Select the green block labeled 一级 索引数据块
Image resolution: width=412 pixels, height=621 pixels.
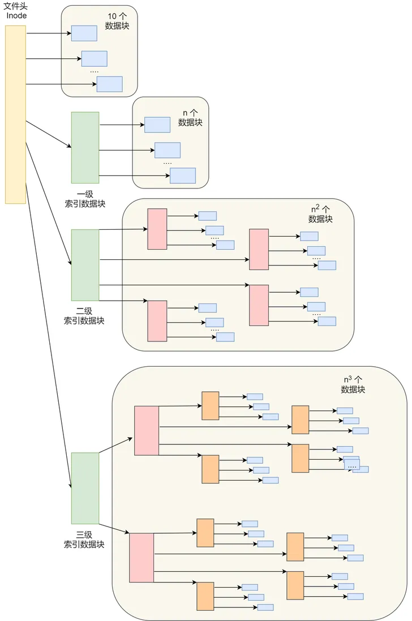pos(85,147)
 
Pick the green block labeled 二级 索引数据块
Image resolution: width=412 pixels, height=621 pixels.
pos(85,264)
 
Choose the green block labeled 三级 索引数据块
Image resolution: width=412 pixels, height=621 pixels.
pos(85,488)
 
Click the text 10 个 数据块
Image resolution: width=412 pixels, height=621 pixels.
pos(117,21)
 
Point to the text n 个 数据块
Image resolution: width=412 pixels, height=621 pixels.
pos(190,117)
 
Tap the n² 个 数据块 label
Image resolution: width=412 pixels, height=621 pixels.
pos(320,214)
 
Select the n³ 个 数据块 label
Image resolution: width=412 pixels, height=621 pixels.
pos(353,384)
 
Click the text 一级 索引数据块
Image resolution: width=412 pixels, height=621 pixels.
pos(85,199)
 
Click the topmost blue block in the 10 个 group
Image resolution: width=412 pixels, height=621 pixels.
pos(84,33)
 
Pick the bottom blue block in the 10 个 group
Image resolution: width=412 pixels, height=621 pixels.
pos(109,84)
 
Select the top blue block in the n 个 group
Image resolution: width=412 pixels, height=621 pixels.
pos(157,125)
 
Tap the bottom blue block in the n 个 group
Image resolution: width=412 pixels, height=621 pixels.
pos(182,175)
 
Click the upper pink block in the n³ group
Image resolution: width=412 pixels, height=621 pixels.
pos(147,430)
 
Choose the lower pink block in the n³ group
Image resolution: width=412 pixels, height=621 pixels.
pos(141,557)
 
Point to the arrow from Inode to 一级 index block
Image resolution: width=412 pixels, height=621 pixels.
pos(48,134)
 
